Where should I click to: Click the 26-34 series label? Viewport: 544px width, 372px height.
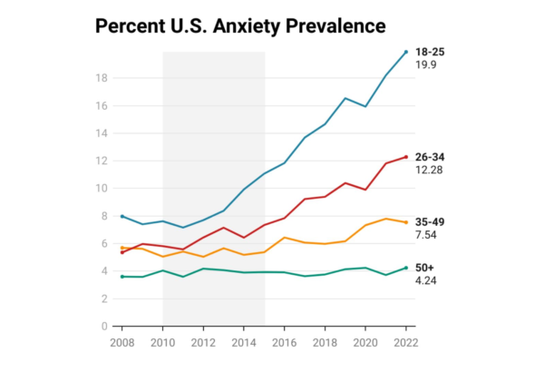[x=430, y=157]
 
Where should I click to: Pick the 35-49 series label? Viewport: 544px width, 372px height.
[x=430, y=221]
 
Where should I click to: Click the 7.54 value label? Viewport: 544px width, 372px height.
[x=426, y=235]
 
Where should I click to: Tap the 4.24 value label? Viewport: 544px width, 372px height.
[x=426, y=281]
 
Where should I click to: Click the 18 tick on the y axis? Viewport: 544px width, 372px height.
[x=102, y=78]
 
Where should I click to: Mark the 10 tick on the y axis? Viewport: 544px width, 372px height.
[x=102, y=188]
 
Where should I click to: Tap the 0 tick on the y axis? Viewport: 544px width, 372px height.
[x=105, y=326]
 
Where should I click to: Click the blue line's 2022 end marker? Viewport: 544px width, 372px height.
[x=405, y=52]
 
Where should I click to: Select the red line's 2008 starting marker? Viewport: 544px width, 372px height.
[x=122, y=252]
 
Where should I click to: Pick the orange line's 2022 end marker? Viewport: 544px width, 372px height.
[x=405, y=222]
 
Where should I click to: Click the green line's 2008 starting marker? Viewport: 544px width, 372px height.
[x=122, y=276]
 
